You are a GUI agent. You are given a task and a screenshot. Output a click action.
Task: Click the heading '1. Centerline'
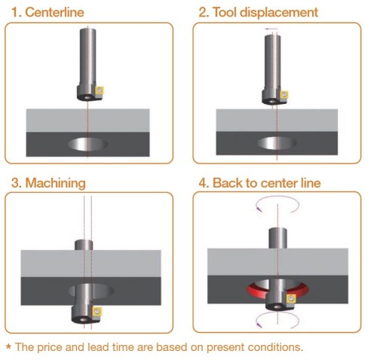point(48,12)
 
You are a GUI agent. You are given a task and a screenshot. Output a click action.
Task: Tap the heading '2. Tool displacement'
point(259,12)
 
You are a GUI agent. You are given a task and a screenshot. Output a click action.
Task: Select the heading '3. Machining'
point(48,183)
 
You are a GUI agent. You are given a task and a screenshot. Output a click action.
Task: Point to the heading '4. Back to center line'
point(259,183)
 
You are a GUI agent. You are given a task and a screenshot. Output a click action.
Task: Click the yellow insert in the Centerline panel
point(100,90)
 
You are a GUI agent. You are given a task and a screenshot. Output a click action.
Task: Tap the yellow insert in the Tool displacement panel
point(284,95)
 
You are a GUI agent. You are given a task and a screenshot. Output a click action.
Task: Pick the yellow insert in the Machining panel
point(97,311)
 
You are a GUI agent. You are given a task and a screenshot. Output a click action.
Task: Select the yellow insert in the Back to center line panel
point(291,299)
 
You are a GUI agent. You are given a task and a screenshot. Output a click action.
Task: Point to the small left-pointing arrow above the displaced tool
point(271,29)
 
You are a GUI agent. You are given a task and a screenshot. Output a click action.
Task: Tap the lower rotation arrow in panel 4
point(277,313)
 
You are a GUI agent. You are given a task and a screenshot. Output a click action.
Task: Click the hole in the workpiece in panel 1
point(87,144)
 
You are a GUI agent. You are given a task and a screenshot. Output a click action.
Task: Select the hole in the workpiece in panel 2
point(277,143)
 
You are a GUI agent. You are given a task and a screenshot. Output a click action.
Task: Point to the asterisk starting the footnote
point(9,346)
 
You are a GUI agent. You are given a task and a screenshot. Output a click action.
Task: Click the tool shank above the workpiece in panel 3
point(84,245)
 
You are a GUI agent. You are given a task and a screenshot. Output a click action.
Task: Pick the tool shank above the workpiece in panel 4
point(277,238)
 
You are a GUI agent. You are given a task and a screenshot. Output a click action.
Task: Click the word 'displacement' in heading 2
point(279,12)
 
